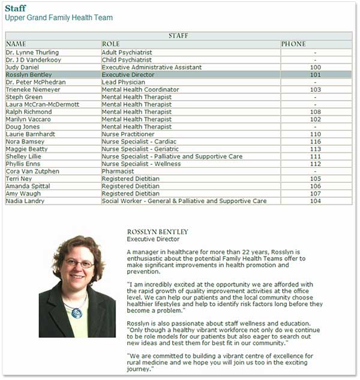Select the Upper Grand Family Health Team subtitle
click(x=59, y=18)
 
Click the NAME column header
click(x=16, y=44)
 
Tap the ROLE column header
click(x=111, y=44)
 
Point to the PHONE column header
click(x=293, y=44)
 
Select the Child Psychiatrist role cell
click(x=127, y=60)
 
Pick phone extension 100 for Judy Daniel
click(x=316, y=68)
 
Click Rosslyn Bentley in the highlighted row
click(x=28, y=75)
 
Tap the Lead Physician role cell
click(x=124, y=82)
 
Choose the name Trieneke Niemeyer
click(x=32, y=90)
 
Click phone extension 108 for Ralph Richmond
click(x=316, y=112)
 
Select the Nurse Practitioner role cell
click(x=128, y=134)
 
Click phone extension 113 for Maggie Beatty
click(x=316, y=149)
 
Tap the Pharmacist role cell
click(x=118, y=171)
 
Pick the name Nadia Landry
click(x=25, y=201)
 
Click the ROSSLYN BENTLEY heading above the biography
click(x=158, y=232)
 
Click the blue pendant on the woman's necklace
click(x=76, y=312)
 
